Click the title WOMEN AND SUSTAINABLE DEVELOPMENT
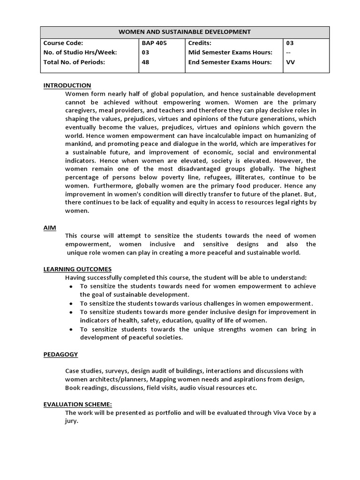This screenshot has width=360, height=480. pyautogui.click(x=184, y=32)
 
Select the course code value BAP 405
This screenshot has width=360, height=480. pyautogui.click(x=154, y=43)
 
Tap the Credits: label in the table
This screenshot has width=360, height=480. pyautogui.click(x=201, y=43)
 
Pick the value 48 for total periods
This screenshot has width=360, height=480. pyautogui.click(x=145, y=62)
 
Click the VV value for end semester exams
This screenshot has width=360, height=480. pyautogui.click(x=290, y=62)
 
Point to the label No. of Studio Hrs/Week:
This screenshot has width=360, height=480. pyautogui.click(x=80, y=52)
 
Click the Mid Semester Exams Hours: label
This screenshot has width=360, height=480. pyautogui.click(x=230, y=52)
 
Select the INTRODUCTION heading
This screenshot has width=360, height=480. pyautogui.click(x=67, y=85)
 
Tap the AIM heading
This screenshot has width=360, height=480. pyautogui.click(x=50, y=227)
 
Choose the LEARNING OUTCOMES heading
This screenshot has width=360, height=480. pyautogui.click(x=77, y=269)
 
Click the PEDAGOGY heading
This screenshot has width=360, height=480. pyautogui.click(x=60, y=354)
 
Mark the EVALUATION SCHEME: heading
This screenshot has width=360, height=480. pyautogui.click(x=77, y=404)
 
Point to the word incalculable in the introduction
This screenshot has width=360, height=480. pyautogui.click(x=214, y=136)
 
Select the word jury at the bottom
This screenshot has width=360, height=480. pyautogui.click(x=71, y=421)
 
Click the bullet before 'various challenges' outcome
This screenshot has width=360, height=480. pyautogui.click(x=70, y=303)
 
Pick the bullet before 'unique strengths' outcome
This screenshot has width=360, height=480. pyautogui.click(x=70, y=329)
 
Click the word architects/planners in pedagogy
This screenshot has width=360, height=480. pyautogui.click(x=109, y=379)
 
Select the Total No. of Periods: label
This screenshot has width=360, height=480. pyautogui.click(x=74, y=62)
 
